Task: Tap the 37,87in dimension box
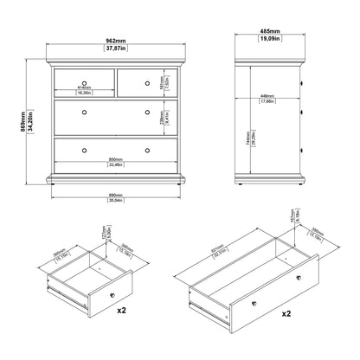click(x=115, y=48)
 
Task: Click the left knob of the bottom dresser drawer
click(x=84, y=150)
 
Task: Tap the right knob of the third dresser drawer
click(x=146, y=113)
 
